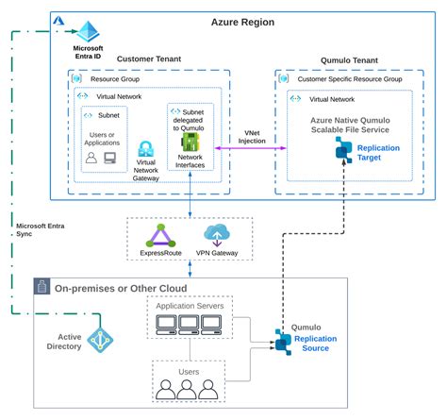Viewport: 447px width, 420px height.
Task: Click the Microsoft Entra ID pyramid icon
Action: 89,31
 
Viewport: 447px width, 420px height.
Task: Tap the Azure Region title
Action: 242,23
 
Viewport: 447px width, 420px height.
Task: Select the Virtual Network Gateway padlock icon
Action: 146,149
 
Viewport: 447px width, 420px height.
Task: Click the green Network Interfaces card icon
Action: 190,142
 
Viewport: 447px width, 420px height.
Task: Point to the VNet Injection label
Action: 252,137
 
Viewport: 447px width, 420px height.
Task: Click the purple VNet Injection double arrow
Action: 251,148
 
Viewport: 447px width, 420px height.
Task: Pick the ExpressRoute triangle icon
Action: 160,236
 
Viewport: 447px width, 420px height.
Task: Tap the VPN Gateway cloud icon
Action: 217,235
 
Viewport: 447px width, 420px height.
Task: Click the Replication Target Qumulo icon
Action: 343,150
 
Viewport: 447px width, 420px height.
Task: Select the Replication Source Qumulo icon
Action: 283,343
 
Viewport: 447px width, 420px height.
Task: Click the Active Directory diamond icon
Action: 100,340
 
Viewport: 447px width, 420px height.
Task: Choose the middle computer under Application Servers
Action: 189,325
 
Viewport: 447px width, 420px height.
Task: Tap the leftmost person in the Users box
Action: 166,390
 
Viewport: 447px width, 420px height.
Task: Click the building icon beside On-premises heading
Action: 41,286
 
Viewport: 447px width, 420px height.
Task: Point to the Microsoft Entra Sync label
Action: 41,230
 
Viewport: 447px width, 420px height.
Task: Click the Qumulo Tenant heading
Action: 349,60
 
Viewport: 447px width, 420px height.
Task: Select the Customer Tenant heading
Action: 149,59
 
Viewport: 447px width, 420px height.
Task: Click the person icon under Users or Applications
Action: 91,158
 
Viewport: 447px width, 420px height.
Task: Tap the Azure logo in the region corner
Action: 58,21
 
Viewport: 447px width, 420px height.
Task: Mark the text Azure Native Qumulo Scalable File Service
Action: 350,125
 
